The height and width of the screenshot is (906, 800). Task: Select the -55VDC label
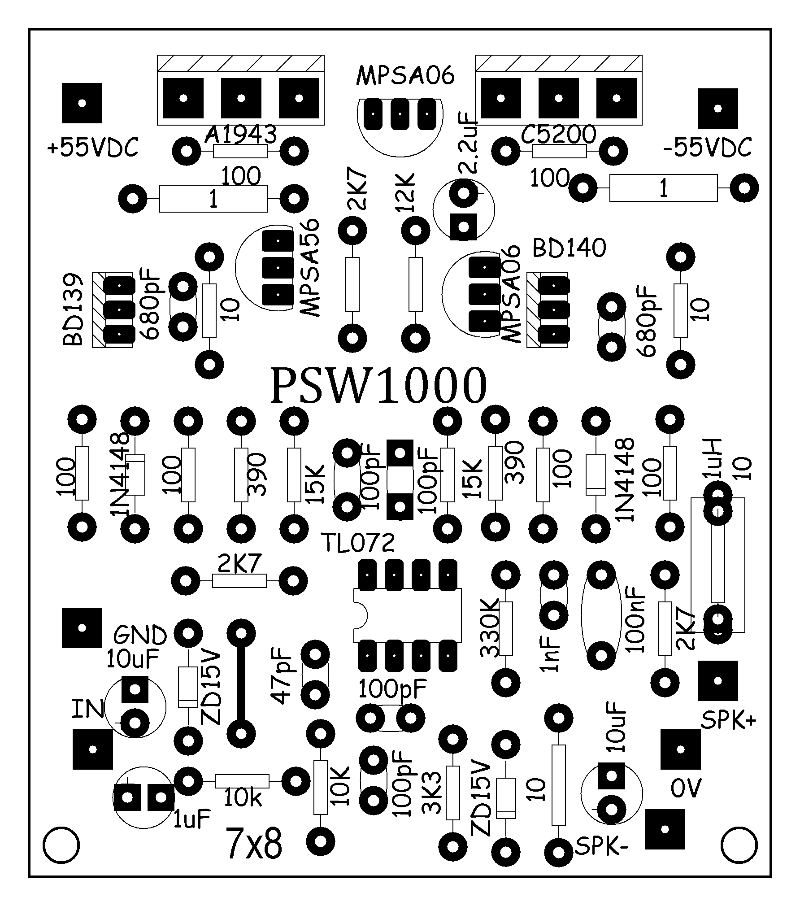tap(707, 148)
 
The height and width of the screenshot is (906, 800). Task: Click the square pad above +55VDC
tap(82, 103)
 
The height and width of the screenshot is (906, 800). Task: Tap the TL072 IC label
tap(358, 544)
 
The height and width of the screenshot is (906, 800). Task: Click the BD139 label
tap(74, 309)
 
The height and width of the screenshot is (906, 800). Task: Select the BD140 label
tap(570, 248)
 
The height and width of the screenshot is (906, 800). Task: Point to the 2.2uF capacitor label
tap(470, 144)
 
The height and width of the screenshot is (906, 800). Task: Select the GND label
tap(140, 635)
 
